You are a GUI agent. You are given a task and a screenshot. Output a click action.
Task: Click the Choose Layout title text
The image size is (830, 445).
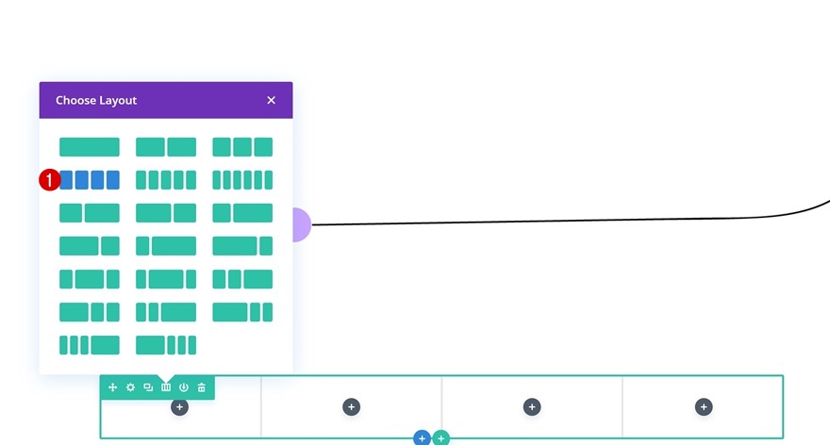(x=96, y=100)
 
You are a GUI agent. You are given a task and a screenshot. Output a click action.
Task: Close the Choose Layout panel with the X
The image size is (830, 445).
(x=271, y=100)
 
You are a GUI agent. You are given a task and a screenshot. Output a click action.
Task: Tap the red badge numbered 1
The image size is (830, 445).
(x=49, y=179)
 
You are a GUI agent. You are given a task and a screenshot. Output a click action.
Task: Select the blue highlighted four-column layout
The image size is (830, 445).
(x=90, y=179)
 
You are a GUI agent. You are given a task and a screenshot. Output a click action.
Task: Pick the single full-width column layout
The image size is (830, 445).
(x=90, y=147)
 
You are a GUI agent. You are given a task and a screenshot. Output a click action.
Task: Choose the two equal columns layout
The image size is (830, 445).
(x=166, y=147)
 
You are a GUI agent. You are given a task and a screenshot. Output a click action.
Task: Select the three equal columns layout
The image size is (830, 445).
(x=242, y=147)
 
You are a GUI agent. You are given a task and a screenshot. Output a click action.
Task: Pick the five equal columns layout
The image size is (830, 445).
(x=166, y=179)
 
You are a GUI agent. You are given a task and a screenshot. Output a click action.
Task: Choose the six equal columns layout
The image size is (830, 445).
(x=242, y=179)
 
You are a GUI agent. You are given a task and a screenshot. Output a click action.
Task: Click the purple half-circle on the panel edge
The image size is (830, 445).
(x=301, y=224)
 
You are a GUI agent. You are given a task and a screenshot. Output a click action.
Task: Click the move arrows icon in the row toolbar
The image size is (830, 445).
(x=112, y=387)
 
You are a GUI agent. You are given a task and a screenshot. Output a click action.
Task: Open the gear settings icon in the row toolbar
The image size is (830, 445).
(x=130, y=387)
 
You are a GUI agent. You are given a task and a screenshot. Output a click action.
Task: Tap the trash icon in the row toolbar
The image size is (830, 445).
(x=202, y=387)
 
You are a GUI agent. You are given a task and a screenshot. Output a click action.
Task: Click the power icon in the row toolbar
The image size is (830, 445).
(x=184, y=387)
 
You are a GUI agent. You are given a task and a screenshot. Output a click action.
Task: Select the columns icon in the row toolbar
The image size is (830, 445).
(x=166, y=387)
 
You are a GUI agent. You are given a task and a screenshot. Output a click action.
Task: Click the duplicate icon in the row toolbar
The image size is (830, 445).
(x=148, y=387)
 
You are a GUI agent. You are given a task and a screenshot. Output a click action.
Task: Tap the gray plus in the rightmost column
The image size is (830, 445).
(x=704, y=406)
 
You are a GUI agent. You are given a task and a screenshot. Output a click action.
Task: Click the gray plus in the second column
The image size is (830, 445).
(x=351, y=406)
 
